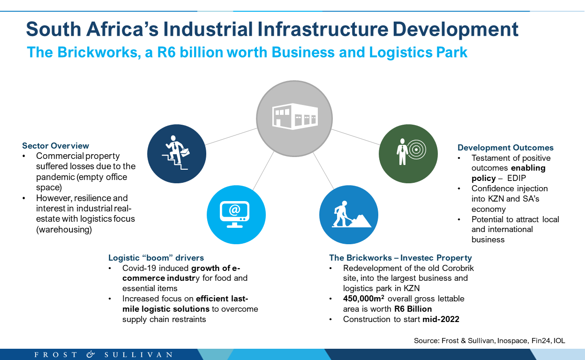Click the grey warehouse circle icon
tap(294, 119)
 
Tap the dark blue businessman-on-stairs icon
tap(177, 154)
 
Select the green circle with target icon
tap(408, 154)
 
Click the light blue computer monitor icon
tap(236, 215)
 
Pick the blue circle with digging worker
tap(349, 215)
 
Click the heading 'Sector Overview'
tap(55, 145)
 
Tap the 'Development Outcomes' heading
tap(505, 148)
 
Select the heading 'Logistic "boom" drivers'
tap(156, 258)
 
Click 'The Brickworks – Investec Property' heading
tap(400, 258)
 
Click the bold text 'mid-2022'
tap(441, 319)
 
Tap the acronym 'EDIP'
tap(516, 178)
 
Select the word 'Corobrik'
tap(458, 268)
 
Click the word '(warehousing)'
tap(64, 229)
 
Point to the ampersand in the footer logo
tap(90, 354)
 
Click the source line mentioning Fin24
tap(489, 341)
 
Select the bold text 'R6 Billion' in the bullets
tap(413, 309)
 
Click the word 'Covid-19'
tap(138, 268)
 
